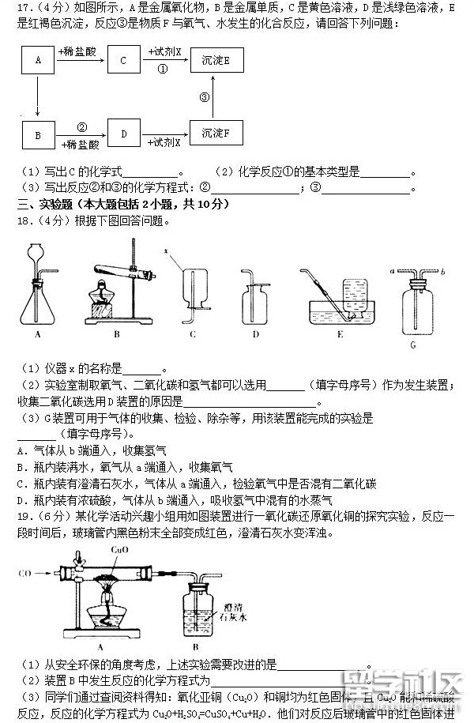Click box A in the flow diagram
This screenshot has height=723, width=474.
coord(36,60)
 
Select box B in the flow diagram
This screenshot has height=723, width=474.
coord(36,135)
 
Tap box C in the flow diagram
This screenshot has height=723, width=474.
coord(122,60)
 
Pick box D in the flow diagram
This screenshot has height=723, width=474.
coord(123,135)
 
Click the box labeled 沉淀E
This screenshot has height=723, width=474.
coord(216,60)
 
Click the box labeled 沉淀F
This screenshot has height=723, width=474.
coord(216,132)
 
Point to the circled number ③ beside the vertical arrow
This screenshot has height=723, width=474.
coord(205,97)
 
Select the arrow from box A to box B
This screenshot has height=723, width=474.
coord(36,97)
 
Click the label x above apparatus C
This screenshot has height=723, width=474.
coord(167,250)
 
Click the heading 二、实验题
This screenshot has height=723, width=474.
coord(47,204)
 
